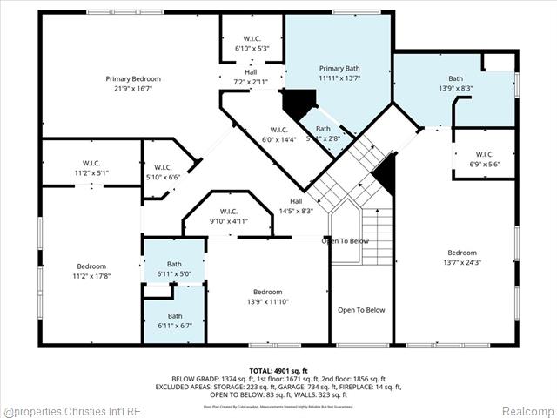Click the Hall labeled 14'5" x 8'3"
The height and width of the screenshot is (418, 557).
click(296, 211)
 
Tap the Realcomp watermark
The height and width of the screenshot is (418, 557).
click(526, 410)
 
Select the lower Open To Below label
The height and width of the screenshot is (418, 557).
click(360, 310)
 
